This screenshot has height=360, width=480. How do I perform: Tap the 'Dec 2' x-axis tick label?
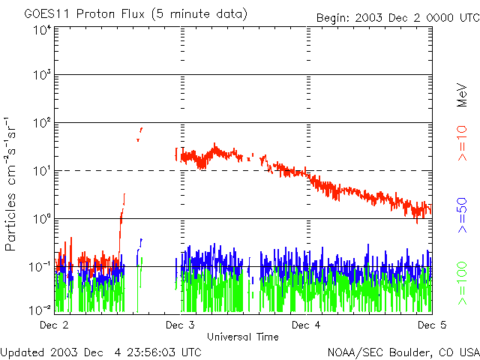pyautogui.click(x=54, y=325)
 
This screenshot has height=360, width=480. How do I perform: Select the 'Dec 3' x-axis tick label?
pyautogui.click(x=180, y=325)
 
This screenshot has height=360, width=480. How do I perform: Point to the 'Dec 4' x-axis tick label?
pyautogui.click(x=306, y=325)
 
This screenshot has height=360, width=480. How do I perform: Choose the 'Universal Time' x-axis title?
pyautogui.click(x=243, y=337)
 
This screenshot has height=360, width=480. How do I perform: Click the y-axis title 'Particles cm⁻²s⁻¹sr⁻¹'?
pyautogui.click(x=13, y=184)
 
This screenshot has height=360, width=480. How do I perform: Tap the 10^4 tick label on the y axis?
pyautogui.click(x=41, y=30)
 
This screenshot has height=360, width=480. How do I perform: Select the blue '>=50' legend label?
pyautogui.click(x=463, y=216)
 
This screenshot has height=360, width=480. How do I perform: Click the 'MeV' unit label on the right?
pyautogui.click(x=463, y=94)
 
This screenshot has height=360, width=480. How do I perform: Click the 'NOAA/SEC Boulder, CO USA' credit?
pyautogui.click(x=403, y=352)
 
